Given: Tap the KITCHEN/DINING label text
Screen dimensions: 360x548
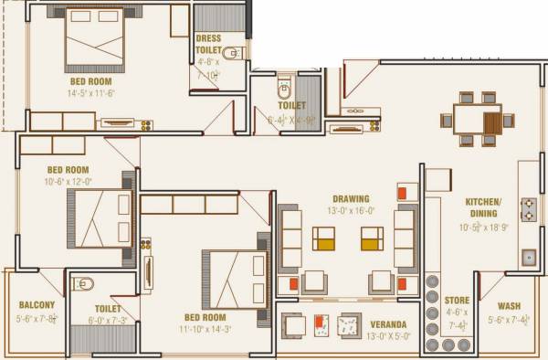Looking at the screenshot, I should pos(483,206).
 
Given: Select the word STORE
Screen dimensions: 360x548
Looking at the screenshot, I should pos(457,301).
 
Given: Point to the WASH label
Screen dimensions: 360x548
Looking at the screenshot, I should pos(510,306).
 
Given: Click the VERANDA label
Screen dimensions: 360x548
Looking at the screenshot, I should pos(389,324).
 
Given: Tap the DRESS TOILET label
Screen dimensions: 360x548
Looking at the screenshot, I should pos(209,45).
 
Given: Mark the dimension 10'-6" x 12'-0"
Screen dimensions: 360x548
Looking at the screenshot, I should pos(68,181).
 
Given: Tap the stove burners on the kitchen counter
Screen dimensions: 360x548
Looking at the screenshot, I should pos(528,209).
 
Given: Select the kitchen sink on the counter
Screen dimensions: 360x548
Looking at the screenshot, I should pos(529,257).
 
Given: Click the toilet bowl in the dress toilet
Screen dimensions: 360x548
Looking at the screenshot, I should pos(229,52).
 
